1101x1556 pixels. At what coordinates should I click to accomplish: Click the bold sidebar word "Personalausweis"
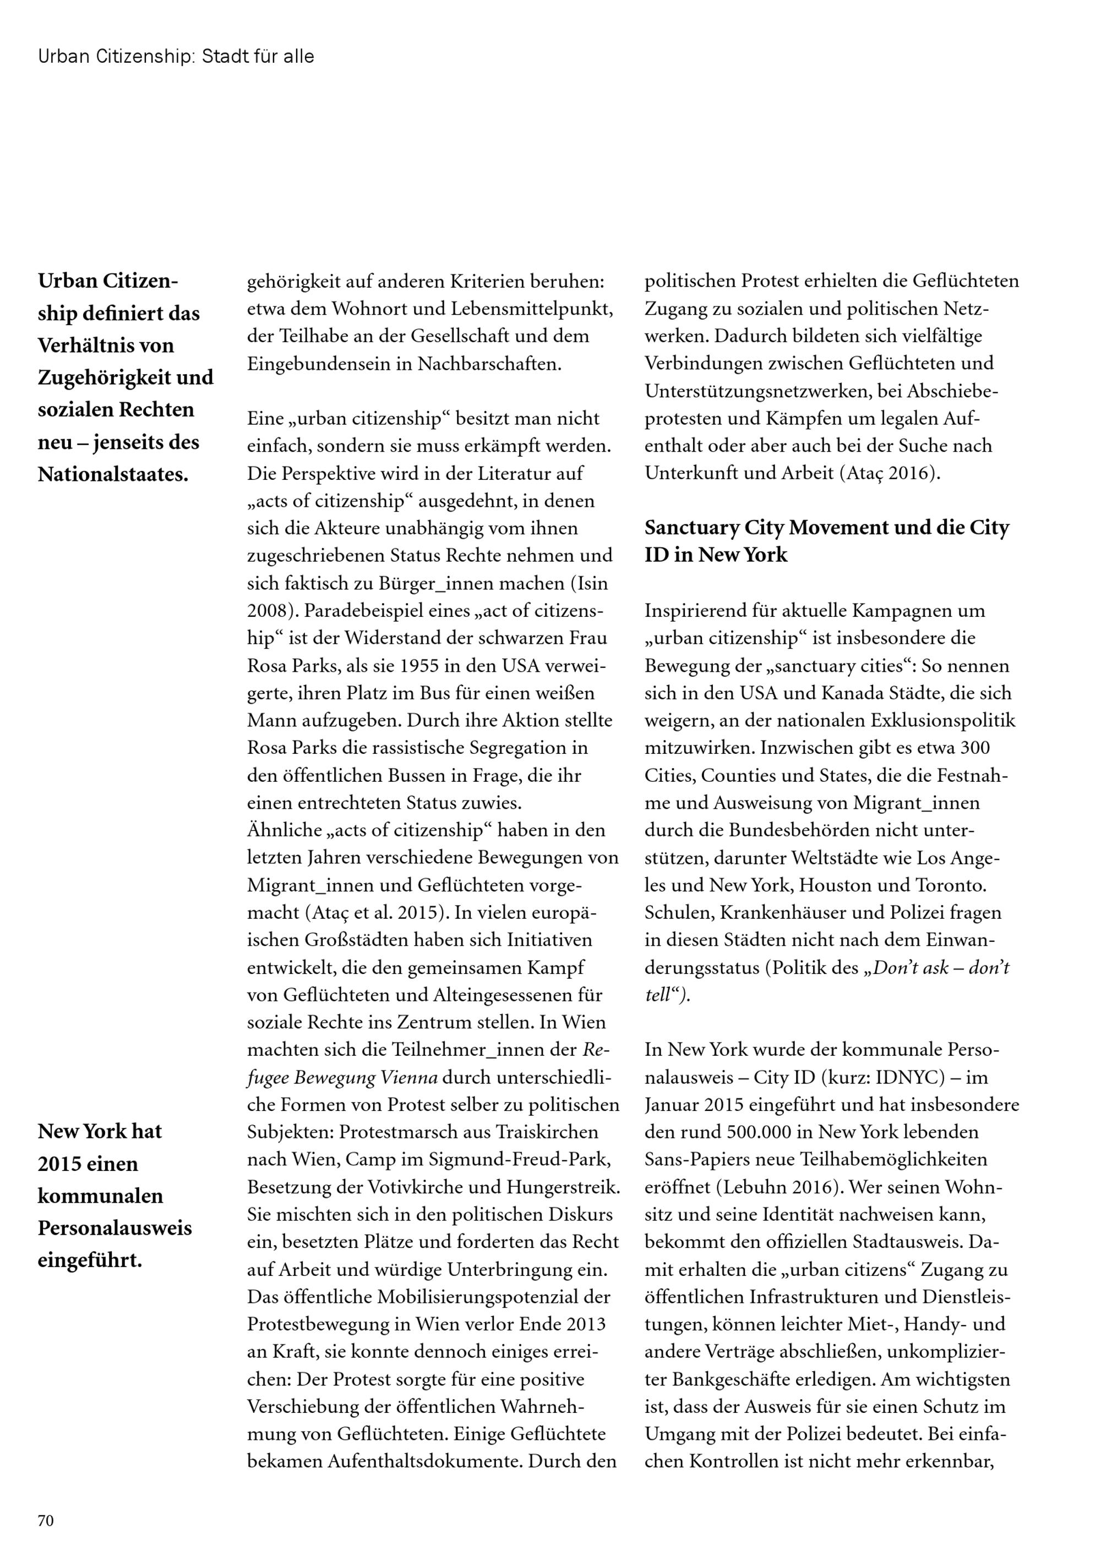pyautogui.click(x=115, y=1228)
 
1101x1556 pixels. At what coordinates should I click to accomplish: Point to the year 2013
pyautogui.click(x=585, y=1324)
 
